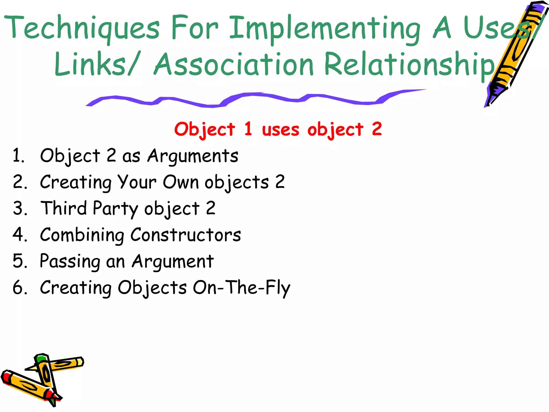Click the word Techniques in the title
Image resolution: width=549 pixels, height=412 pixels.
click(x=82, y=28)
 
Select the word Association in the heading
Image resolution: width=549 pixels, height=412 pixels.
click(x=233, y=64)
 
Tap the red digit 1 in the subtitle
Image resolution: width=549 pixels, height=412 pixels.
click(x=248, y=128)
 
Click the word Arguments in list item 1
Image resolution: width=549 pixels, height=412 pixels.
click(x=193, y=156)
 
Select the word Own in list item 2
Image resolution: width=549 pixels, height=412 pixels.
click(x=181, y=182)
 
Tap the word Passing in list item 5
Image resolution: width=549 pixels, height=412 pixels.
click(x=70, y=262)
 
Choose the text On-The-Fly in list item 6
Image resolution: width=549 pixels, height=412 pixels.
click(x=242, y=288)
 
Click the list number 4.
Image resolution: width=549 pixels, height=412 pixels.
click(x=19, y=234)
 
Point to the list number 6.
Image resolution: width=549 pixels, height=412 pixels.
click(x=19, y=288)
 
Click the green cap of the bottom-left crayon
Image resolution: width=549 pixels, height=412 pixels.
click(x=42, y=359)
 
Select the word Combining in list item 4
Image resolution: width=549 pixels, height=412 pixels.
click(x=82, y=235)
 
